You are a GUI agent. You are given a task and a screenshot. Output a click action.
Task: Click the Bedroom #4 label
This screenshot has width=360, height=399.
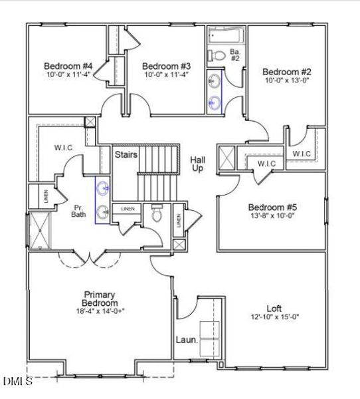click(x=68, y=66)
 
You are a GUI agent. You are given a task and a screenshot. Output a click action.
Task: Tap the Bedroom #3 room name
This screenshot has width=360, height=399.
click(x=167, y=66)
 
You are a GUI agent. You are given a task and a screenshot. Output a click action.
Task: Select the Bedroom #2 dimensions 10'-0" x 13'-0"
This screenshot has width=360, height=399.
click(x=286, y=80)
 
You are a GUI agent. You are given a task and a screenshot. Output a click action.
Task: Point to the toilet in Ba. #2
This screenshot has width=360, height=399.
click(x=215, y=55)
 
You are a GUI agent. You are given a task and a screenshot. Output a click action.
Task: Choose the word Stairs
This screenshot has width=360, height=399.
click(x=126, y=155)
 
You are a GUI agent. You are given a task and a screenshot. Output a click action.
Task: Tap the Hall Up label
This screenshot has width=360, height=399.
click(x=198, y=164)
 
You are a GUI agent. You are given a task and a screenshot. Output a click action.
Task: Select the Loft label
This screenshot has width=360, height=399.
click(x=274, y=309)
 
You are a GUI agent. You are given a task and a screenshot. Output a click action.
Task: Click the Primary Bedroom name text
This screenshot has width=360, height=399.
click(x=100, y=299)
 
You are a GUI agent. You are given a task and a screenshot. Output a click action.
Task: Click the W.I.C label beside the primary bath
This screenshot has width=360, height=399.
click(x=53, y=148)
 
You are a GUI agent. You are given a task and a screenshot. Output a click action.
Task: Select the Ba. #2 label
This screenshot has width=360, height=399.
click(x=234, y=55)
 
